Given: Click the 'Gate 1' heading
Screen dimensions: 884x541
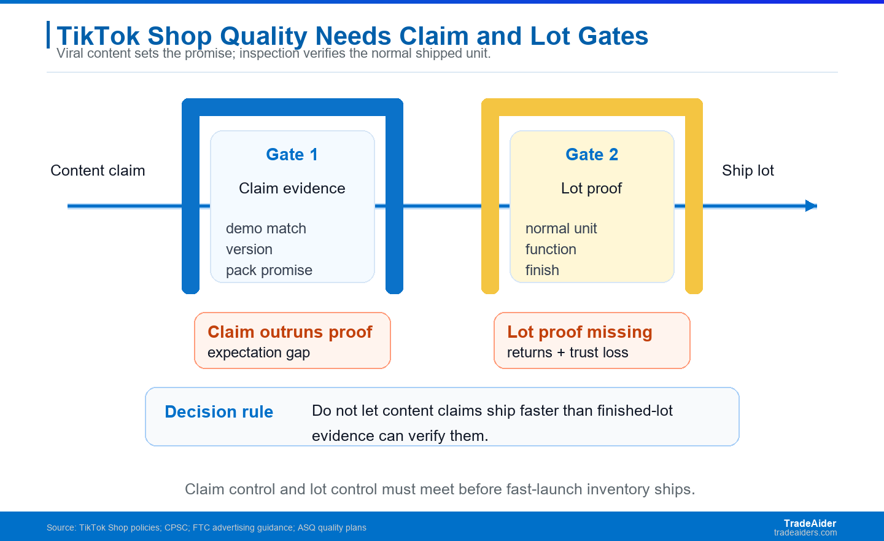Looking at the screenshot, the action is click(292, 154).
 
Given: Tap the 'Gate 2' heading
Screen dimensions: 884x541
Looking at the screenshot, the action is click(592, 154).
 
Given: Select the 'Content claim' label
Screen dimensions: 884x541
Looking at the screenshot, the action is click(98, 171).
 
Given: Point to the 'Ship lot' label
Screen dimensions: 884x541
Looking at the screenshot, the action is click(748, 171).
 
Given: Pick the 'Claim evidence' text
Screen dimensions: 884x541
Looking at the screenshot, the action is click(292, 189).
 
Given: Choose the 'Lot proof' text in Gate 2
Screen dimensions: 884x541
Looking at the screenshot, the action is click(592, 189).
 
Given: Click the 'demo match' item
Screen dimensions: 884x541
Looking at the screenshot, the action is click(266, 228).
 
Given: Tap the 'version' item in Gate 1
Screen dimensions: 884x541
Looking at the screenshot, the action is click(249, 249).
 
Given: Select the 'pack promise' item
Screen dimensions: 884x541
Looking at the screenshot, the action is click(269, 270).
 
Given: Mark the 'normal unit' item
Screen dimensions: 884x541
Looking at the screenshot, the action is click(561, 228).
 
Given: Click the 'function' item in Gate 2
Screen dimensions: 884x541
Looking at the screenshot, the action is click(551, 249).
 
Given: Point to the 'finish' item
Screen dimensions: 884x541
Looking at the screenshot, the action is click(542, 270).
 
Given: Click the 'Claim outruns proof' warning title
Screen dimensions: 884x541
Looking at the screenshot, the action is click(290, 332).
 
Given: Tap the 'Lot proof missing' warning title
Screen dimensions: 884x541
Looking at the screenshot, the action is click(580, 332).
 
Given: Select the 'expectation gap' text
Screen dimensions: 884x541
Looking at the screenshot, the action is click(259, 352).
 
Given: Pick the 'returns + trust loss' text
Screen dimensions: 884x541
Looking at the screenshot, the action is click(567, 352).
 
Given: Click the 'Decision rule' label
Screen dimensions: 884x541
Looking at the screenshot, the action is click(219, 412).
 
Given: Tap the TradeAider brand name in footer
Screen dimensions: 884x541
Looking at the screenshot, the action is click(810, 523).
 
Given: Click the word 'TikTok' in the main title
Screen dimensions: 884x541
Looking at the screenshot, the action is click(98, 36).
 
